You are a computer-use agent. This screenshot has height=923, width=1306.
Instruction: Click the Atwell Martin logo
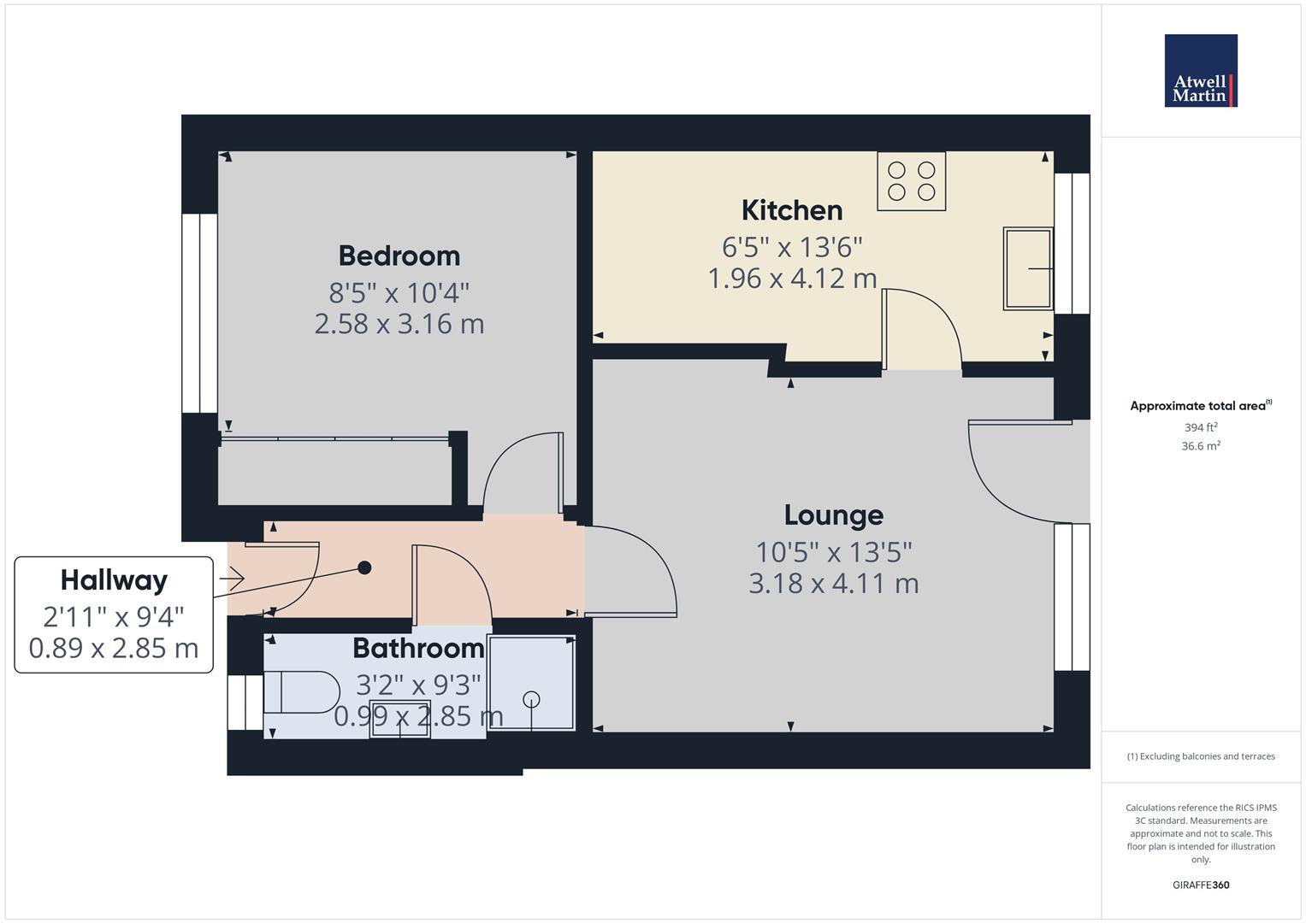pyautogui.click(x=1201, y=70)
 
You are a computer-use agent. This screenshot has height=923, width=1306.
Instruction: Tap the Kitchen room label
pyautogui.click(x=792, y=210)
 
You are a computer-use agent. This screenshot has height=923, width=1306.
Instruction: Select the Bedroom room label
pyautogui.click(x=399, y=256)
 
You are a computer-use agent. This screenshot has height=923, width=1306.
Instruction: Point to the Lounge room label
pyautogui.click(x=834, y=515)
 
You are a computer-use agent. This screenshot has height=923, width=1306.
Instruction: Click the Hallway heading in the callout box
pyautogui.click(x=115, y=580)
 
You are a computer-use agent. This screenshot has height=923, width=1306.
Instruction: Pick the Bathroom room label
pyautogui.click(x=418, y=648)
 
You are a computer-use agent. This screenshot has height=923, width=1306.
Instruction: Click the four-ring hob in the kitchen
pyautogui.click(x=911, y=181)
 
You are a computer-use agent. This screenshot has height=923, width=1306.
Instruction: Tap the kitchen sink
pyautogui.click(x=1028, y=268)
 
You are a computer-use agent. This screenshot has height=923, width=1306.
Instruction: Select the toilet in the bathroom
pyautogui.click(x=301, y=692)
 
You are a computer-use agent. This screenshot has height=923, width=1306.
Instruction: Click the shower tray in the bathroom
pyautogui.click(x=531, y=683)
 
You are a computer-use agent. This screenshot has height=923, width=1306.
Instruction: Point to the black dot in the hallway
pyautogui.click(x=364, y=567)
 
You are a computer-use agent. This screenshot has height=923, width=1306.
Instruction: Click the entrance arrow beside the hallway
pyautogui.click(x=232, y=579)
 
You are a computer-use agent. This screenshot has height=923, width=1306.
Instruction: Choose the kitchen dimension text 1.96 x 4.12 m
pyautogui.click(x=792, y=279)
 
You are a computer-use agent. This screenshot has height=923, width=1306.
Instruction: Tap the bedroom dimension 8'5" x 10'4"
pyautogui.click(x=399, y=292)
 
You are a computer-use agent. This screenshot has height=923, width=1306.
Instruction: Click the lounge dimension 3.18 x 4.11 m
pyautogui.click(x=834, y=583)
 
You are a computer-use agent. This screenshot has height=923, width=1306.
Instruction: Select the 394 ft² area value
pyautogui.click(x=1201, y=427)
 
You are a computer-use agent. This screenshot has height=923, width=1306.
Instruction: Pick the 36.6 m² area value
pyautogui.click(x=1201, y=446)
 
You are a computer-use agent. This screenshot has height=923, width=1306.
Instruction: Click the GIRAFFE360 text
pyautogui.click(x=1201, y=885)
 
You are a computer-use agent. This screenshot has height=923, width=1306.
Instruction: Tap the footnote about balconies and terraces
pyautogui.click(x=1201, y=756)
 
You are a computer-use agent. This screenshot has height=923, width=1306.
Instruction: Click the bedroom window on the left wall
pyautogui.click(x=199, y=314)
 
